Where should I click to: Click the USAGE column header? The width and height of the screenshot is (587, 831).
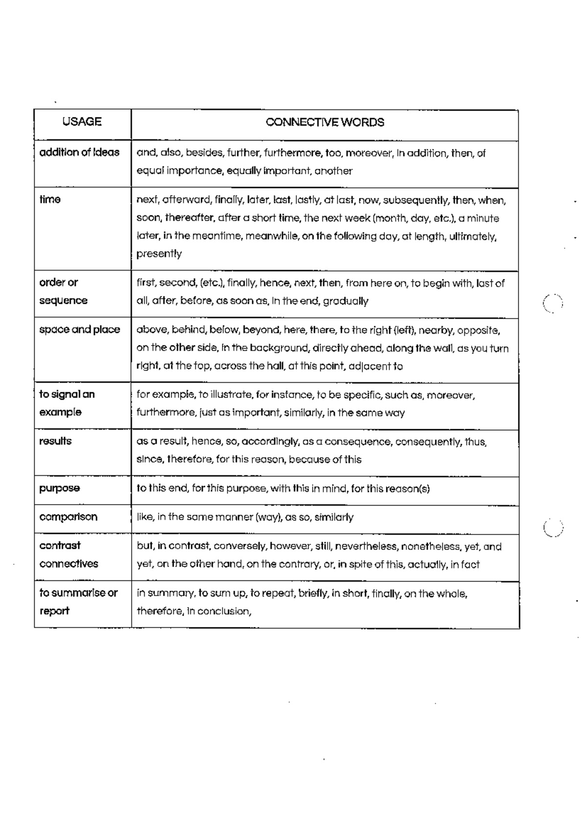coord(82,122)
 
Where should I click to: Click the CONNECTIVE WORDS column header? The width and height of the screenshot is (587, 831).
coord(325,122)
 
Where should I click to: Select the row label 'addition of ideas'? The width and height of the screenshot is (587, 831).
coord(79,152)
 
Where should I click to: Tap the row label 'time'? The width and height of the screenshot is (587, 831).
coord(50,199)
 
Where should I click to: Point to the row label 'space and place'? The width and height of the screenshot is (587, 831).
coord(79,329)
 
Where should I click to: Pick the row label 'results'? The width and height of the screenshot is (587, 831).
coord(55,441)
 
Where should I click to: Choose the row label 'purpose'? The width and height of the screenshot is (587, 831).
coord(59,488)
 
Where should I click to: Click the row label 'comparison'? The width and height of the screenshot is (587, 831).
coord(68,517)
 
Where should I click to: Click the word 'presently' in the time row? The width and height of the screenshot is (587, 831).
coord(159,254)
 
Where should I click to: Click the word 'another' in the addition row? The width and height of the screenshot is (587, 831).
coord(333,171)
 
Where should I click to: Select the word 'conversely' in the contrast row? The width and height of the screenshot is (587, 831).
coord(240,546)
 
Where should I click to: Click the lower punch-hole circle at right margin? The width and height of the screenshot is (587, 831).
coord(553,528)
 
